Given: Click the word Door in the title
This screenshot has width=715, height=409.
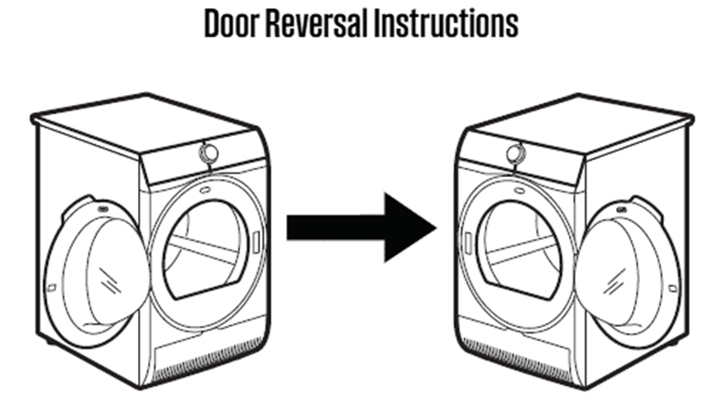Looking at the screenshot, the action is click(x=232, y=23).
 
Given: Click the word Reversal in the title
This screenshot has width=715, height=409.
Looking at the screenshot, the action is click(x=317, y=23).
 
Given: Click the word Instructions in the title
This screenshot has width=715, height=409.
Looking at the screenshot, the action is click(x=446, y=23).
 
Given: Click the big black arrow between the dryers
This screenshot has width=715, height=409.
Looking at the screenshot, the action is click(x=361, y=227).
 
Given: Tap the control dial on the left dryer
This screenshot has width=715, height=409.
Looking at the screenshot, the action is click(x=208, y=153).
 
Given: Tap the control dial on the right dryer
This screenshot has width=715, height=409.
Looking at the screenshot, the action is click(x=516, y=153).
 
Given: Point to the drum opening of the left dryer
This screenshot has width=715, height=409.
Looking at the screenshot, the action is click(x=206, y=250).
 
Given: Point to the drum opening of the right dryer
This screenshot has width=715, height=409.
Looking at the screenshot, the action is click(x=519, y=250).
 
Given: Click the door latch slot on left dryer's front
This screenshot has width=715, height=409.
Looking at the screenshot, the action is click(x=257, y=242).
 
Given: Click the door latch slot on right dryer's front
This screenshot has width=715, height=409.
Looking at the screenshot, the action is click(x=468, y=242).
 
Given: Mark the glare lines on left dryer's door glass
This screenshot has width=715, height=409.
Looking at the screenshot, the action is click(x=110, y=281).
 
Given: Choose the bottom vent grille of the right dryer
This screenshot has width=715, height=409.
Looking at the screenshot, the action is click(x=515, y=361).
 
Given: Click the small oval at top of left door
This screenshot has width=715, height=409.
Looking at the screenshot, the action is click(x=103, y=209).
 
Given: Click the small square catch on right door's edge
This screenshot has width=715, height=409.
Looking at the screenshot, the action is click(x=673, y=288).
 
